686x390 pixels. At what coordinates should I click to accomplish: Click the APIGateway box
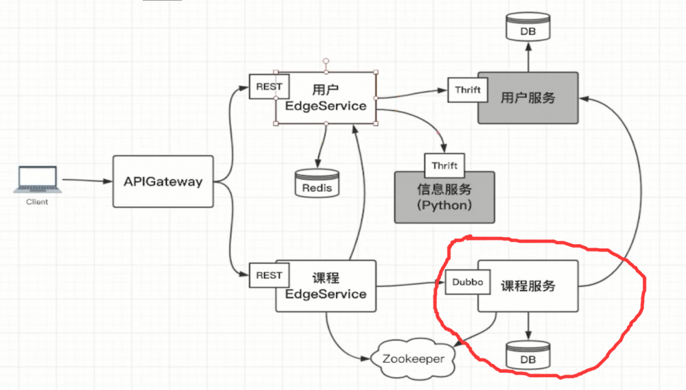point(163,182)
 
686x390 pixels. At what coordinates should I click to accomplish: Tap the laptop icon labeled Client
point(37,180)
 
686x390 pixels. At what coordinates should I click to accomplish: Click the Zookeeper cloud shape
point(412,358)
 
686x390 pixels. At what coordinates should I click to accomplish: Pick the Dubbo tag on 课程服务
point(467,282)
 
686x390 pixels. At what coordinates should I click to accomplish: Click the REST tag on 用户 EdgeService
point(269,86)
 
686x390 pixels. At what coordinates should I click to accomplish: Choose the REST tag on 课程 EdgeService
point(269,276)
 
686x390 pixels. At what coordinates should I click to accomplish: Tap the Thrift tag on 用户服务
point(467,90)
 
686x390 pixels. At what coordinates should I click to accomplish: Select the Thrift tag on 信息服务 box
point(445,165)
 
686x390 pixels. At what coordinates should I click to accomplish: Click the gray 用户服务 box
point(528,97)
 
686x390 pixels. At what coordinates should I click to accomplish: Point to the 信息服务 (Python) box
point(444,197)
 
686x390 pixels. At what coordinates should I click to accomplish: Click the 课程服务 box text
point(528,286)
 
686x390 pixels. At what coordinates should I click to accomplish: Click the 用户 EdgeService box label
point(326,98)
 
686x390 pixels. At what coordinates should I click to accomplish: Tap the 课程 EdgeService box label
point(326,286)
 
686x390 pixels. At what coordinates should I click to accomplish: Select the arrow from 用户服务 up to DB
point(528,58)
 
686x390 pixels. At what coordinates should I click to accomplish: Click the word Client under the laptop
point(37,202)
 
